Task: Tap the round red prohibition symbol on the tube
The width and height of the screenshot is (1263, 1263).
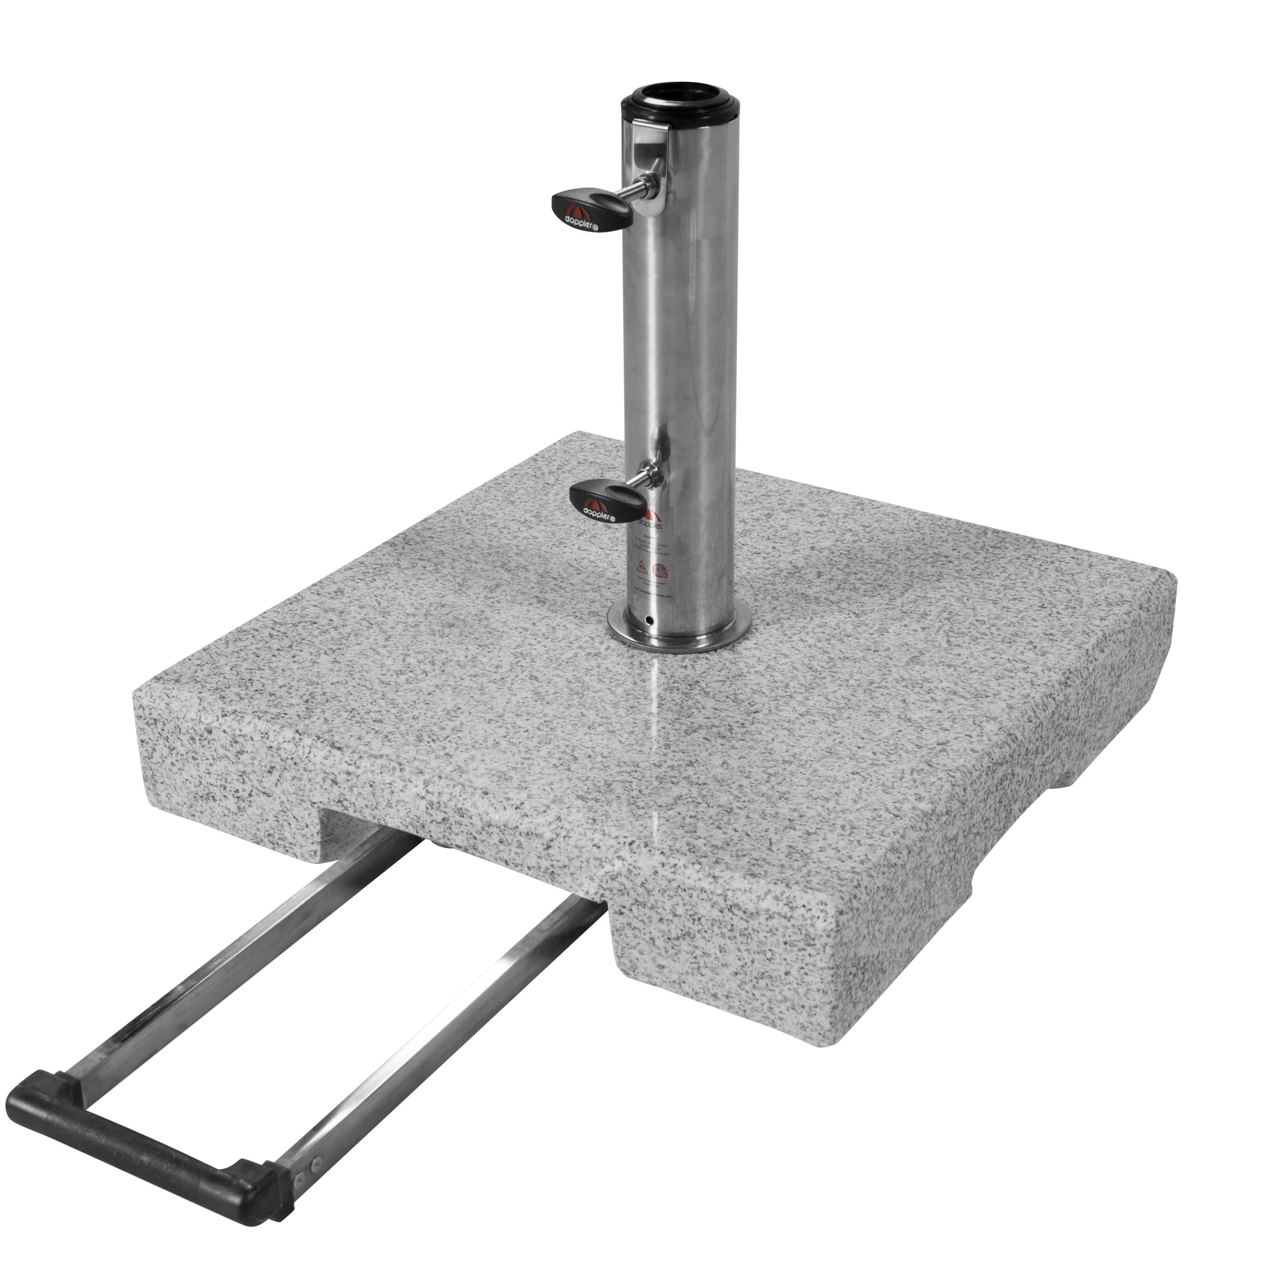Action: [661, 571]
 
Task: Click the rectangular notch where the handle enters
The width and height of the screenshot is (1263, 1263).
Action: [458, 869]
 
